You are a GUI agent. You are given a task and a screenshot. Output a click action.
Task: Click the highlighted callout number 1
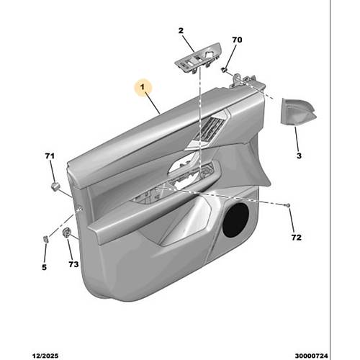143,87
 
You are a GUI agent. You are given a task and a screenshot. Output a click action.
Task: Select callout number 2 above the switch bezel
181,30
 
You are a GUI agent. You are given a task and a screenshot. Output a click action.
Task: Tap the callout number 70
237,40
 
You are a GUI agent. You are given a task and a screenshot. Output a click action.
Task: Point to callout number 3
299,156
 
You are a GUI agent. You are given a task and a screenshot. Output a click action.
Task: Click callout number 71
50,156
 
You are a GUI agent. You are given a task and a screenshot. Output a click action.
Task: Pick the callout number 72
297,238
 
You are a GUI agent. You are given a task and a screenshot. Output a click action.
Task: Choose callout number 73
73,264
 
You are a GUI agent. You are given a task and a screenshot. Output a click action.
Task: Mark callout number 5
44,267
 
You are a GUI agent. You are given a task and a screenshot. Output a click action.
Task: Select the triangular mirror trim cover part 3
297,111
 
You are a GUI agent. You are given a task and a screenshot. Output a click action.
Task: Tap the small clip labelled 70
224,70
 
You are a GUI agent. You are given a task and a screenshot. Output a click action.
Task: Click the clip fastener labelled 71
56,186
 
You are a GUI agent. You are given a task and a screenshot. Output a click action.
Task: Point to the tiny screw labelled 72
288,205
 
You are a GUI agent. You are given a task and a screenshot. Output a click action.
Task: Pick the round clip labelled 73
66,233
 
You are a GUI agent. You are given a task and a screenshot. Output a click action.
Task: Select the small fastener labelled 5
45,239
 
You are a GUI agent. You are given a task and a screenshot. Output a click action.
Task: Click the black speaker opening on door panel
235,220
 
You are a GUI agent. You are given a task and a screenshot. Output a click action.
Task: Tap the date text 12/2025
45,356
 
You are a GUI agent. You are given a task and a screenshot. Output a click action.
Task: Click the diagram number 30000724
311,356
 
